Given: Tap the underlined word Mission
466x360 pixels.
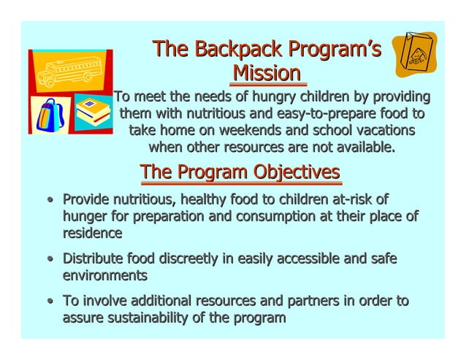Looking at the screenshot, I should pos(266,73).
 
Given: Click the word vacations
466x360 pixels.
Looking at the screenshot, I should pos(377,131).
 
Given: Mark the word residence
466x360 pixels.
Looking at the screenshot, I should pos(92,233).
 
